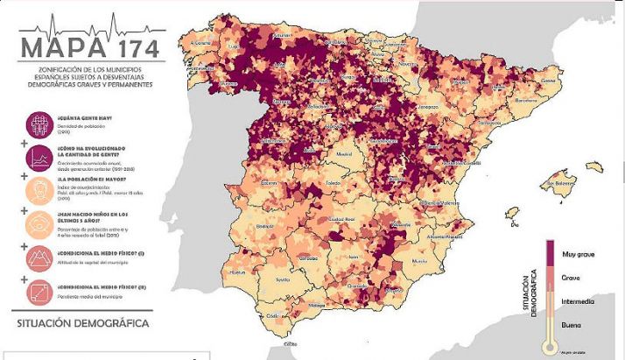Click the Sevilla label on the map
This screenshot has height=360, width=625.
(x=282, y=279)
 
